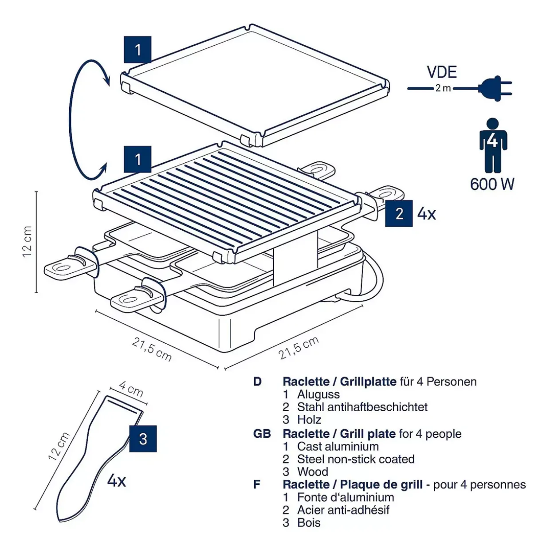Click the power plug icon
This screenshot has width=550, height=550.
point(495,88)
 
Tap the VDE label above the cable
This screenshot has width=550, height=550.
point(442,72)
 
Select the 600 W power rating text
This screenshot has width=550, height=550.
point(492,184)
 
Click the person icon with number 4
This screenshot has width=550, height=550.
point(493,145)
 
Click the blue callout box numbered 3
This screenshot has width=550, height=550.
point(143,439)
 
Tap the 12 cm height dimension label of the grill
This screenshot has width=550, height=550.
point(27,242)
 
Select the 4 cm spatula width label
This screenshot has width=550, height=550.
point(131,389)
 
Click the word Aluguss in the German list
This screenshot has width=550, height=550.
point(318,394)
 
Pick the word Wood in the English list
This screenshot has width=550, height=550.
point(313,471)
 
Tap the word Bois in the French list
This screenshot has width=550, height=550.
point(309,522)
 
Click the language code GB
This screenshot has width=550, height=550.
point(262,433)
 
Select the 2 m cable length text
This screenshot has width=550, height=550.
point(443,88)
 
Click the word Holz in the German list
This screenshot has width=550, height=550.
point(309,420)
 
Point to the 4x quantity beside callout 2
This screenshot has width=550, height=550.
point(427,214)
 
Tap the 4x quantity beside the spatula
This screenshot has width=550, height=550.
point(117,480)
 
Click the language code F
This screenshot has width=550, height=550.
point(257,484)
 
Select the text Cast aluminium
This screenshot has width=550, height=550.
point(338,446)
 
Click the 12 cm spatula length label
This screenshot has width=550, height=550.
point(59,446)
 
